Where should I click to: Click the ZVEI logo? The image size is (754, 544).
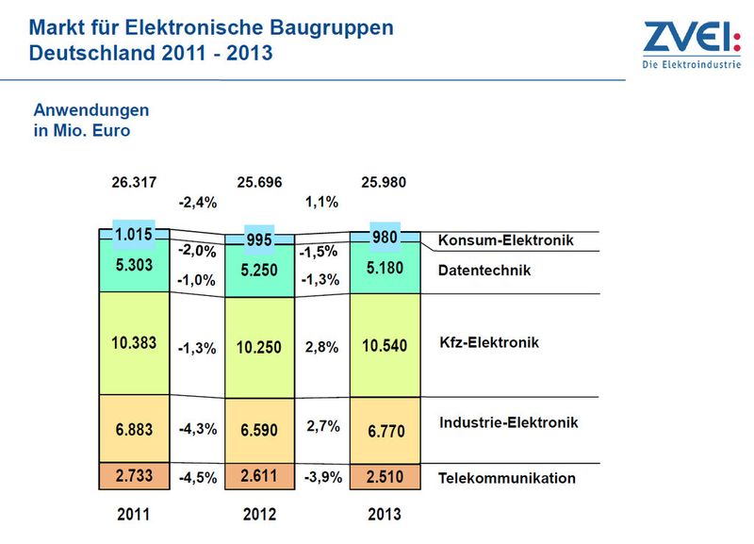coord(692,44)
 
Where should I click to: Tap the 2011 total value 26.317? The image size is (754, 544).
coord(134,182)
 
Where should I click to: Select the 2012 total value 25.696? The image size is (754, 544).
coord(259,182)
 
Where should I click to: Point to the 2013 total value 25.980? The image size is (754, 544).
coord(384,182)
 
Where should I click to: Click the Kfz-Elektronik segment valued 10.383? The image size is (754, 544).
coord(134,343)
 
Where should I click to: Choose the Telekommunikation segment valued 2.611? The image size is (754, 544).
coord(260,477)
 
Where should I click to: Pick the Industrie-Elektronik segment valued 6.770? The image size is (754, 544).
coord(385,431)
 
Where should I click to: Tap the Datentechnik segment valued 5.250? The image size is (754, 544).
coord(260,271)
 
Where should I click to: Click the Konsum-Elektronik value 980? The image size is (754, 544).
coord(385,238)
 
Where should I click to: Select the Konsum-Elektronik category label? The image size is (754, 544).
coord(506,240)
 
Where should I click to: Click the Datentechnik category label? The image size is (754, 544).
coord(484,271)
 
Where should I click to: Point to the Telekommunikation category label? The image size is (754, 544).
coord(507,478)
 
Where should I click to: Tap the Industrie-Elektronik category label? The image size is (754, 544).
coord(509,422)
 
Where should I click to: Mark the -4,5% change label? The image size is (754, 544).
coord(198,478)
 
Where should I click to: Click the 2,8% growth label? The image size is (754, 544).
coord(321,347)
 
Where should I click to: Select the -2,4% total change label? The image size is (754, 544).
coord(198,203)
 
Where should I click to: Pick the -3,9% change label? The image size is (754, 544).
coord(323,477)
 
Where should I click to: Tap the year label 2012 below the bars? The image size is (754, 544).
coord(260,514)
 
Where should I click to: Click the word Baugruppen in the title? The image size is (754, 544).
coord(332,28)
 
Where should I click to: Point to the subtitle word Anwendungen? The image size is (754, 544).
coord(91,110)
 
